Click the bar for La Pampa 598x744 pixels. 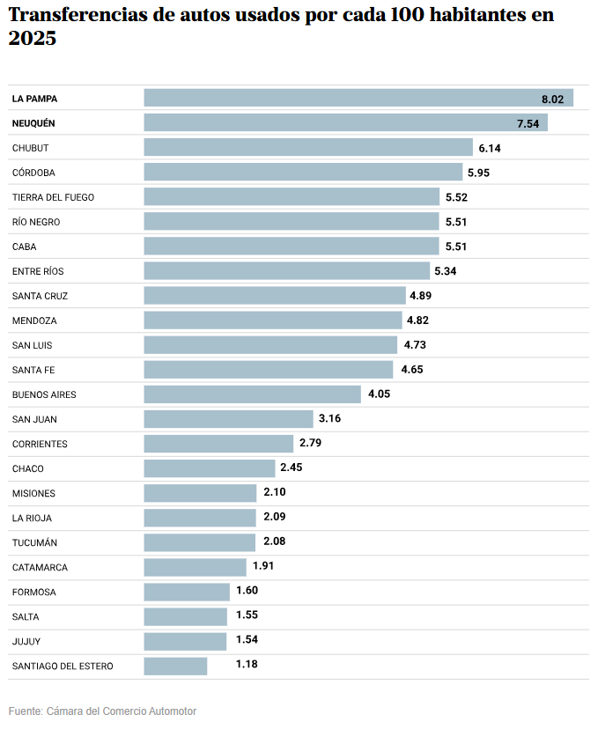pos(358,98)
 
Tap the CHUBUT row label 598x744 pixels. pos(31,148)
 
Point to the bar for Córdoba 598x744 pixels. pos(303,173)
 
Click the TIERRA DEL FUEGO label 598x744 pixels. pos(53,197)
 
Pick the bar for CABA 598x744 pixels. pos(292,247)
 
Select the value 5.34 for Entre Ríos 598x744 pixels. pos(445,271)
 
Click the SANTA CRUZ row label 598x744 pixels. pos(40,296)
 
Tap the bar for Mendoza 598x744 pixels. pos(273,320)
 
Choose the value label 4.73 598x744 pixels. pos(414,345)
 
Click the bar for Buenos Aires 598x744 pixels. pos(253,394)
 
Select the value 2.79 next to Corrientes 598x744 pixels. pos(311,444)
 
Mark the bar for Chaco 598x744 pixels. pos(210,468)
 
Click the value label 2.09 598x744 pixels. pos(274,517)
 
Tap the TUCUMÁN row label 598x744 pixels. pos(34,542)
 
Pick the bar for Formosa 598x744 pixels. pos(187,592)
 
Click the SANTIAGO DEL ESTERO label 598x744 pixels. pos(63,666)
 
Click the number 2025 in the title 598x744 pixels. pos(33,40)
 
